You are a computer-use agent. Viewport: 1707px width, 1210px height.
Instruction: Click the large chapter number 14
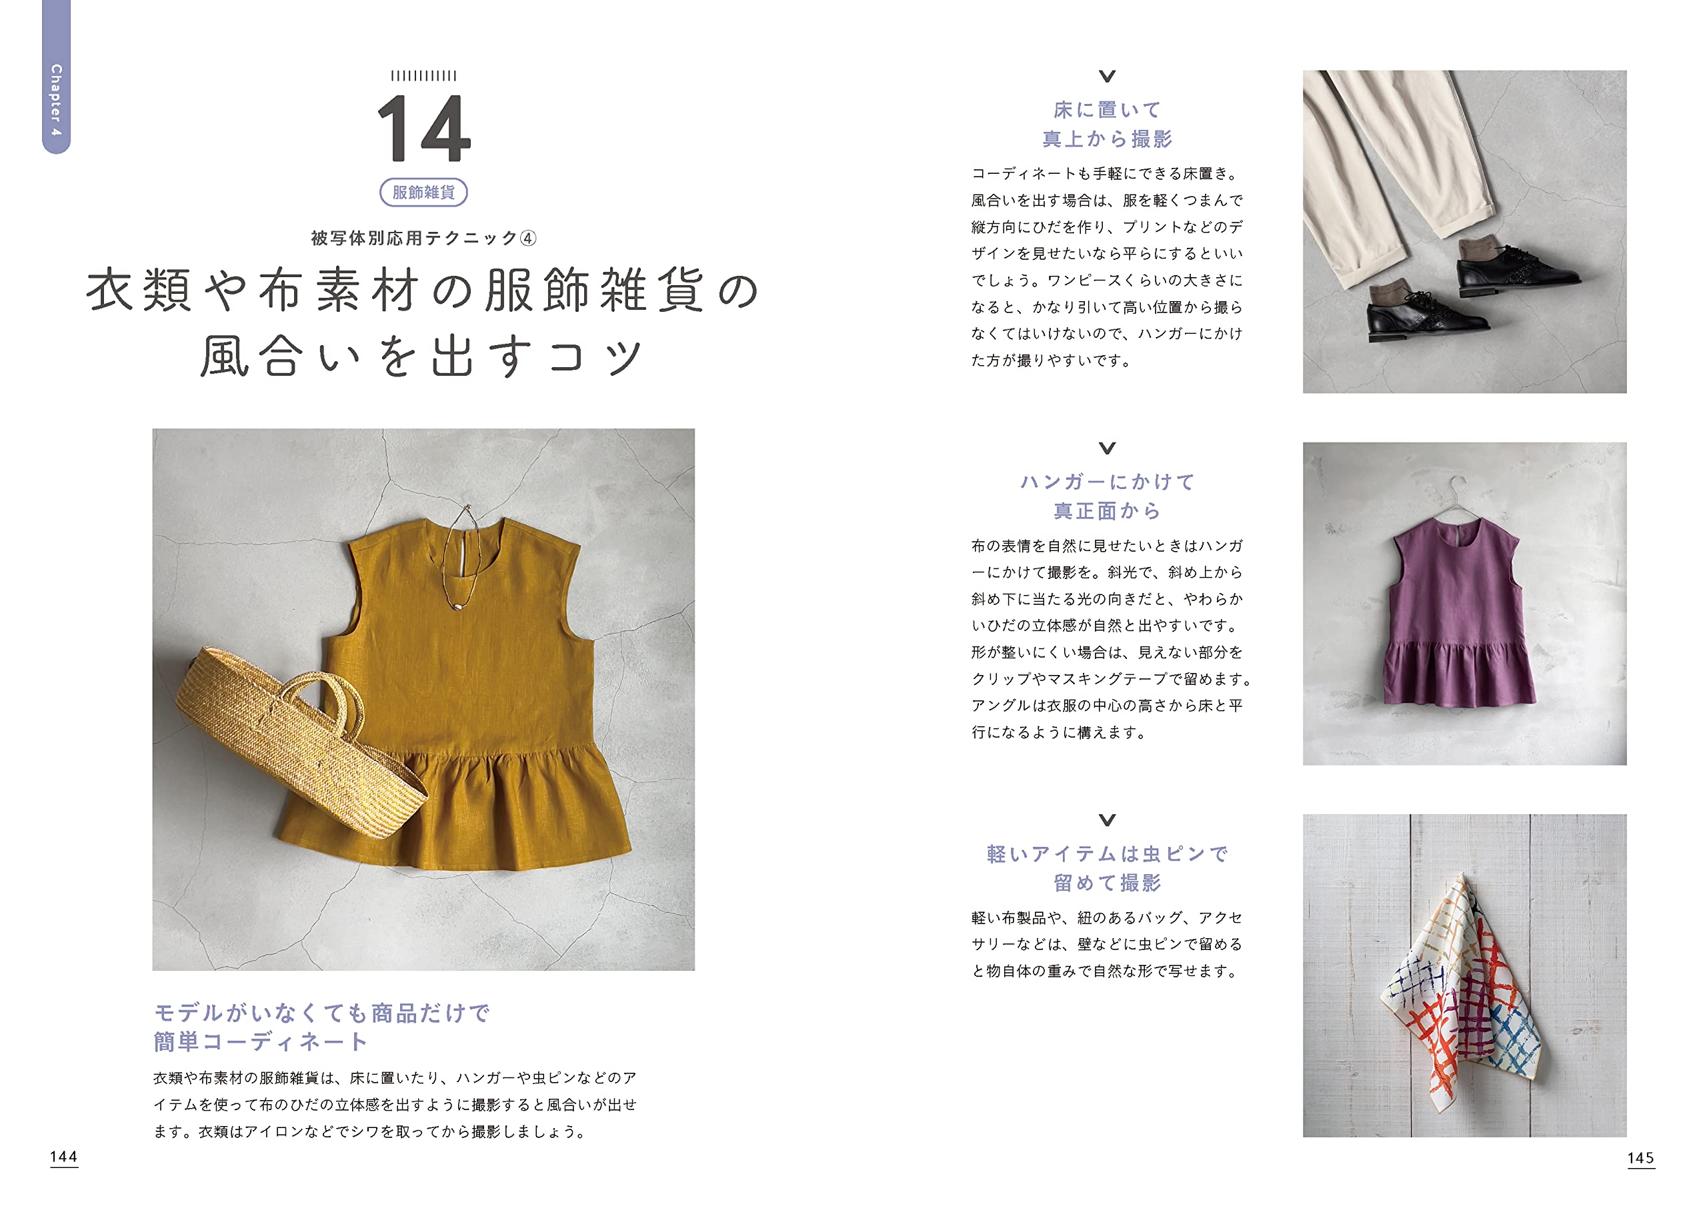(423, 129)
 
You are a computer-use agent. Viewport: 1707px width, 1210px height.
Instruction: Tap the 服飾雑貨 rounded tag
(423, 193)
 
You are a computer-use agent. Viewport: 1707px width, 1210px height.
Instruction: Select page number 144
(63, 1156)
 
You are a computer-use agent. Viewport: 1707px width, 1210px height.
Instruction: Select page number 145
(1641, 1158)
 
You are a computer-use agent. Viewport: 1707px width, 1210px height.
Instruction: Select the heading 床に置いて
(1107, 110)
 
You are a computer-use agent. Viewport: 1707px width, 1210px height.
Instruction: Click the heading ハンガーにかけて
(1107, 482)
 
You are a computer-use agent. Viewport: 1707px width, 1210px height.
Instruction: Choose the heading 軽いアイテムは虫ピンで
(1107, 854)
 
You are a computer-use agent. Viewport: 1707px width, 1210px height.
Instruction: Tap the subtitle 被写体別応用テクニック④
(423, 238)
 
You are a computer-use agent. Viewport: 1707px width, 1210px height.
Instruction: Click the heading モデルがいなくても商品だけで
(321, 1013)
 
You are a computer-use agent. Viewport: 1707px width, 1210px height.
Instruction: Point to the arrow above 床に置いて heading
(1107, 76)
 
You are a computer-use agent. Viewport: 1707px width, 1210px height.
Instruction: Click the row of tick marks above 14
(423, 75)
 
